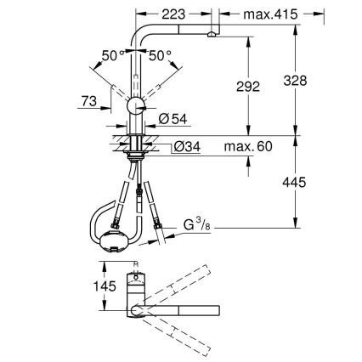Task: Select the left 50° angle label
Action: [x=111, y=55]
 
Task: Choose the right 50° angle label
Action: [x=159, y=55]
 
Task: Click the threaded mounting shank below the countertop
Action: [x=135, y=150]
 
